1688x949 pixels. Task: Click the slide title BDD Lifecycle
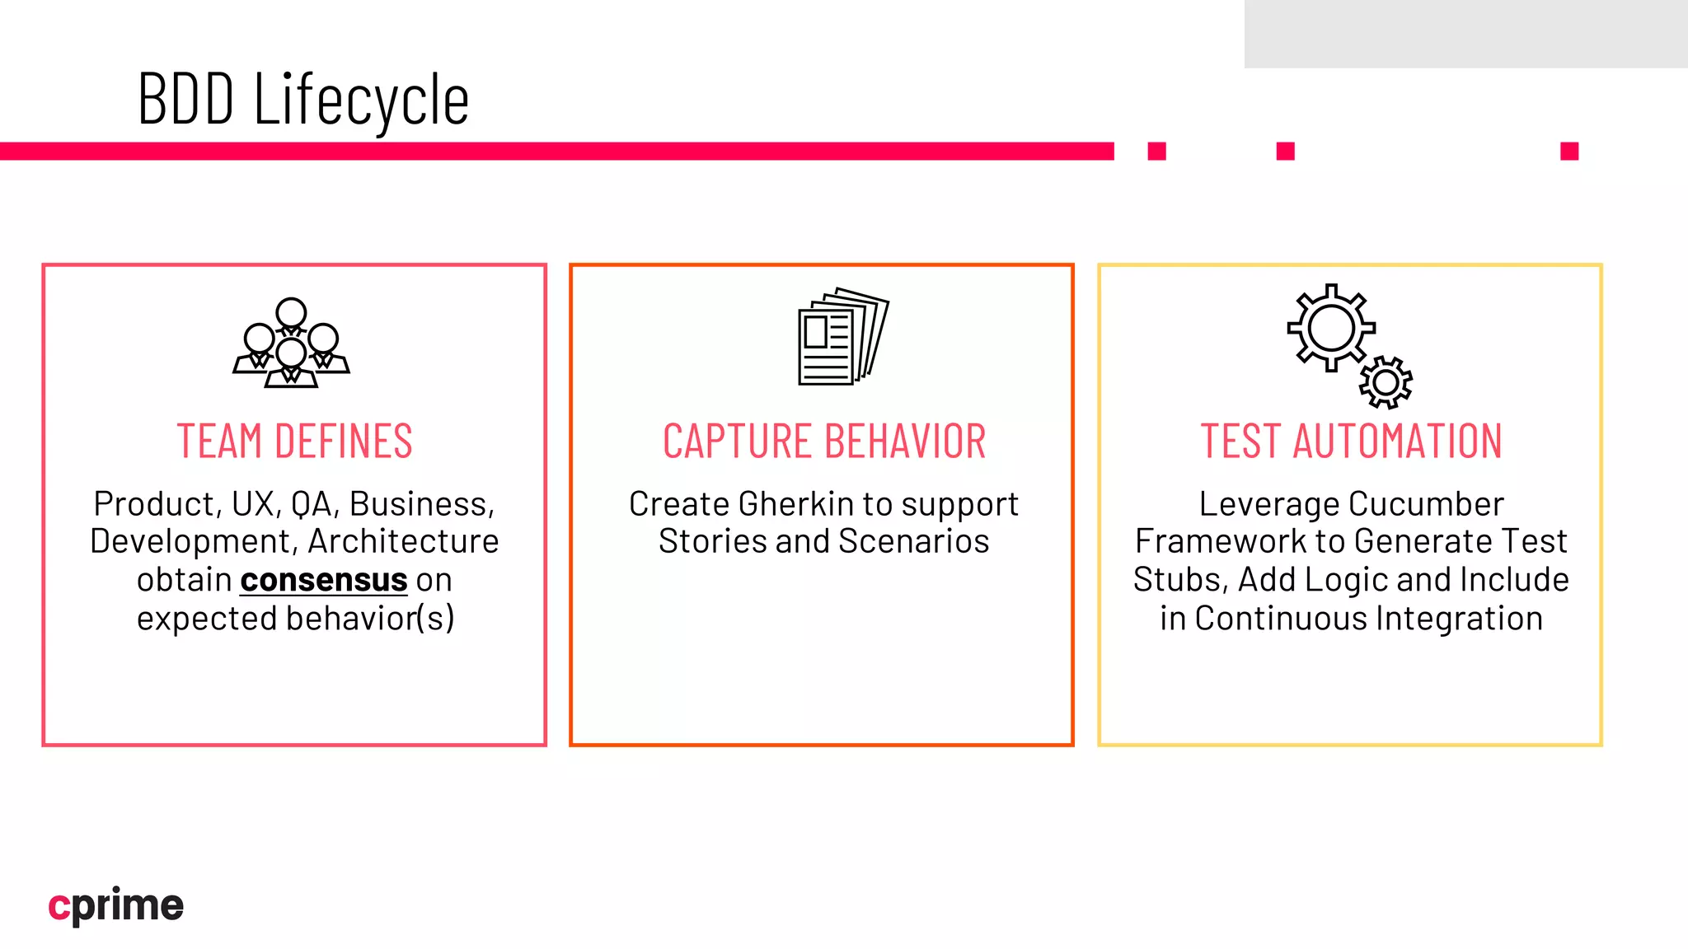303,100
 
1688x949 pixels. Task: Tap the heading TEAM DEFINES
294,441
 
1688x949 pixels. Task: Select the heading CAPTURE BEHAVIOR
823,441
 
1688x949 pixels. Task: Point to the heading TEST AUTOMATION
1351,441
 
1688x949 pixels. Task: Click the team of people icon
291,343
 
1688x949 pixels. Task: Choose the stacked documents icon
842,336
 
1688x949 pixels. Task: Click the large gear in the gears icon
1330,328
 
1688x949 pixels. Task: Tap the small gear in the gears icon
1386,382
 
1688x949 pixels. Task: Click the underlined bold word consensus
323,580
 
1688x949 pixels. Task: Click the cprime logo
116,905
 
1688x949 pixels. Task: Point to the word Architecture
403,542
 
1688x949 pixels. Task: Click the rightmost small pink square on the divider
1569,151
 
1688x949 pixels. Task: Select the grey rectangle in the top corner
1465,34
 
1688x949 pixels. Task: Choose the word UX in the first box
252,504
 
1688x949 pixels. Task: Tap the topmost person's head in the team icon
291,313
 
